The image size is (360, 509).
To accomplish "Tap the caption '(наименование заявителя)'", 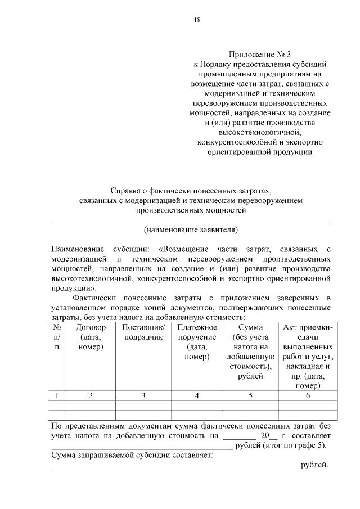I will pyautogui.click(x=191, y=229).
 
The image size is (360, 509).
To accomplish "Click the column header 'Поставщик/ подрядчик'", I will pyautogui.click(x=143, y=332).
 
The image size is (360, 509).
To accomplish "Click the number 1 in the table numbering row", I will pyautogui.click(x=57, y=395).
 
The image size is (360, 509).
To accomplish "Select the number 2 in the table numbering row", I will pyautogui.click(x=91, y=395).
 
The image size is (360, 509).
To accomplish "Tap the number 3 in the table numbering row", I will pyautogui.click(x=143, y=395).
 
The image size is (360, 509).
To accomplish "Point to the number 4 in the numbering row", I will pyautogui.click(x=197, y=395).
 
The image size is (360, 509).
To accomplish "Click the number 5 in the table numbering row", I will pyautogui.click(x=250, y=395).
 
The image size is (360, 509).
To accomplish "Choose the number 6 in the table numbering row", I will pyautogui.click(x=308, y=395).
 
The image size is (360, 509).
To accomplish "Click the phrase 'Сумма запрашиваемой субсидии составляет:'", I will pyautogui.click(x=132, y=456).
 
